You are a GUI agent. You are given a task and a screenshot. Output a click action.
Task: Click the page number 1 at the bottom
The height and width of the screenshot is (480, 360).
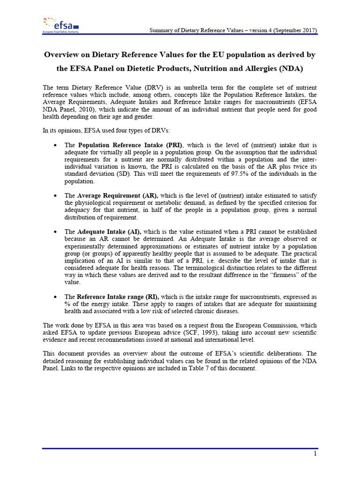315,454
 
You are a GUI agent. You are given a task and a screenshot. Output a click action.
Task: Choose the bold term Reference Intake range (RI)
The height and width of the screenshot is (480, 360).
118,297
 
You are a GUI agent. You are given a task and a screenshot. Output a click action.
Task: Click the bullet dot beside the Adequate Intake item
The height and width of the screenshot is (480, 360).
56,232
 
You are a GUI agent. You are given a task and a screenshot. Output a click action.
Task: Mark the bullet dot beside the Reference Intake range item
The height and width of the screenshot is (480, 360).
56,297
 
